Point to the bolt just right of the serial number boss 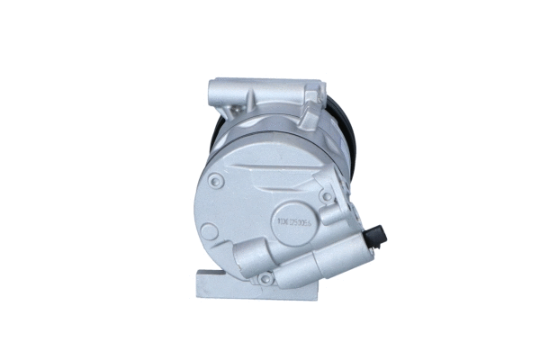[x=325, y=195]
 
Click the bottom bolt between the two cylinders [x=265, y=278]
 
